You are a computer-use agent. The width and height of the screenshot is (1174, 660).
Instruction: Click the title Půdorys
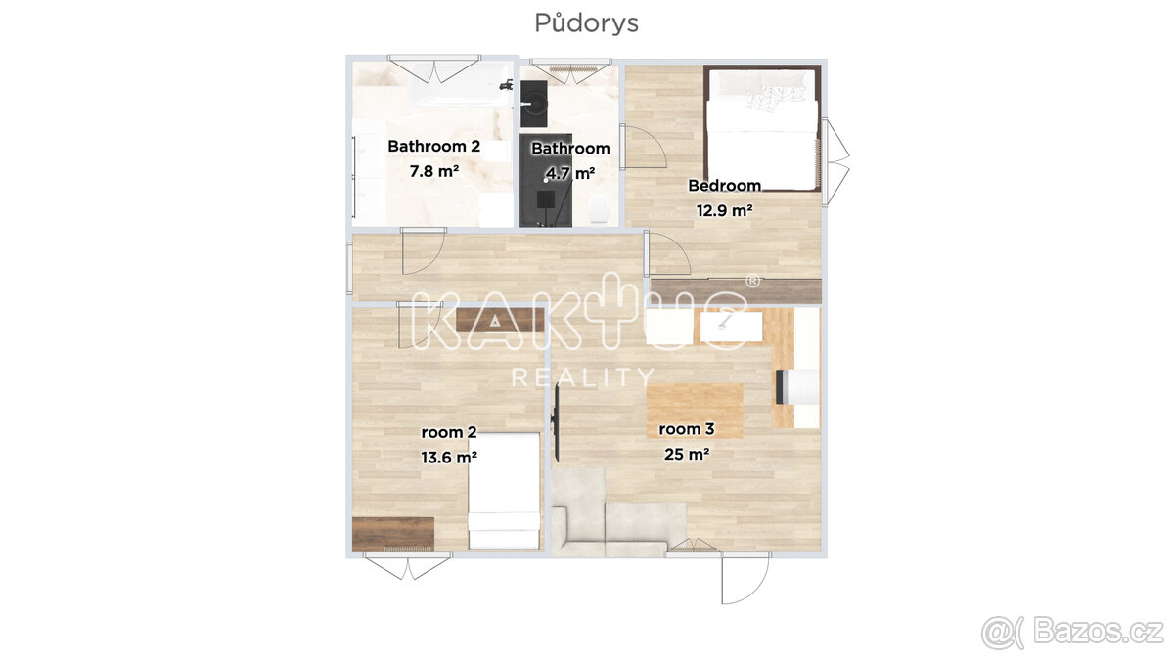[586, 23]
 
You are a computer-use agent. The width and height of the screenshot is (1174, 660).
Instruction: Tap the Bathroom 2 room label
[434, 146]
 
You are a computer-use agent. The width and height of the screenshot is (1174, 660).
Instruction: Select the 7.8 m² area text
[434, 171]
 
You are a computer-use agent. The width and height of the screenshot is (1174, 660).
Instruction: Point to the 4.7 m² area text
[570, 173]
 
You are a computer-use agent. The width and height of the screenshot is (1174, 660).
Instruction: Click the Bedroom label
[724, 186]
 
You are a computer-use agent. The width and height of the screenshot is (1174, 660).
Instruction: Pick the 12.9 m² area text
[725, 210]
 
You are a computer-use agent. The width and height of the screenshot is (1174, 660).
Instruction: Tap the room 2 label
[449, 432]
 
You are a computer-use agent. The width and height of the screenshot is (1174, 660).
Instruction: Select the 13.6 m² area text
[449, 458]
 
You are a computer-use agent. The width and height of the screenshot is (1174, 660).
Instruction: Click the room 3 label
[687, 429]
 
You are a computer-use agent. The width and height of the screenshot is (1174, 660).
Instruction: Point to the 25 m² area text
[687, 454]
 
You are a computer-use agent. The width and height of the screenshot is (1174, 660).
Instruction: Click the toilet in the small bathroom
[598, 208]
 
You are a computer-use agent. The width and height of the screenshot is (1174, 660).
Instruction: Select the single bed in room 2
[504, 491]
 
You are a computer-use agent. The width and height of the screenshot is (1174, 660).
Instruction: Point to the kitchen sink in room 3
[731, 327]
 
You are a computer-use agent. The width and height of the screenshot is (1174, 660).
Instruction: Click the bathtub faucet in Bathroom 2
[507, 84]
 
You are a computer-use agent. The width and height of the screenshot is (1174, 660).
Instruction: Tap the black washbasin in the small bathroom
[534, 104]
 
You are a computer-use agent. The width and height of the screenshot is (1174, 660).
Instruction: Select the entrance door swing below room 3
[745, 578]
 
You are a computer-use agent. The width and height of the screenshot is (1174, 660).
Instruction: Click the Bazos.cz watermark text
[1099, 633]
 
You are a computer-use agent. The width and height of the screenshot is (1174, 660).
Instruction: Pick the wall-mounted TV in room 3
[557, 422]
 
